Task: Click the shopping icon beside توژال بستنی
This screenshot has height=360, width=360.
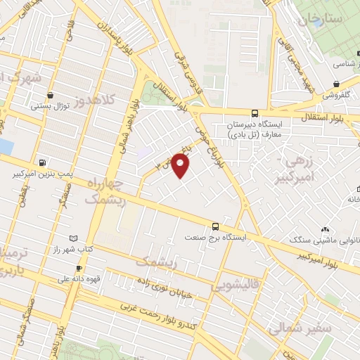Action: coord(49,94)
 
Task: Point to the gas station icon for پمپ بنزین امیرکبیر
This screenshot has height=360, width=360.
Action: coord(43,162)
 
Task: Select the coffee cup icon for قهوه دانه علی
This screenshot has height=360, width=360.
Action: coord(79,268)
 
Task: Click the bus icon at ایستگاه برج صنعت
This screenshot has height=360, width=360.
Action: coord(216,226)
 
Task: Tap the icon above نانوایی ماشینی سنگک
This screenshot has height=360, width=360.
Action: coord(325,229)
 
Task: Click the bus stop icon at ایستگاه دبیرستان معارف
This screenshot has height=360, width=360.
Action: coord(255,112)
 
